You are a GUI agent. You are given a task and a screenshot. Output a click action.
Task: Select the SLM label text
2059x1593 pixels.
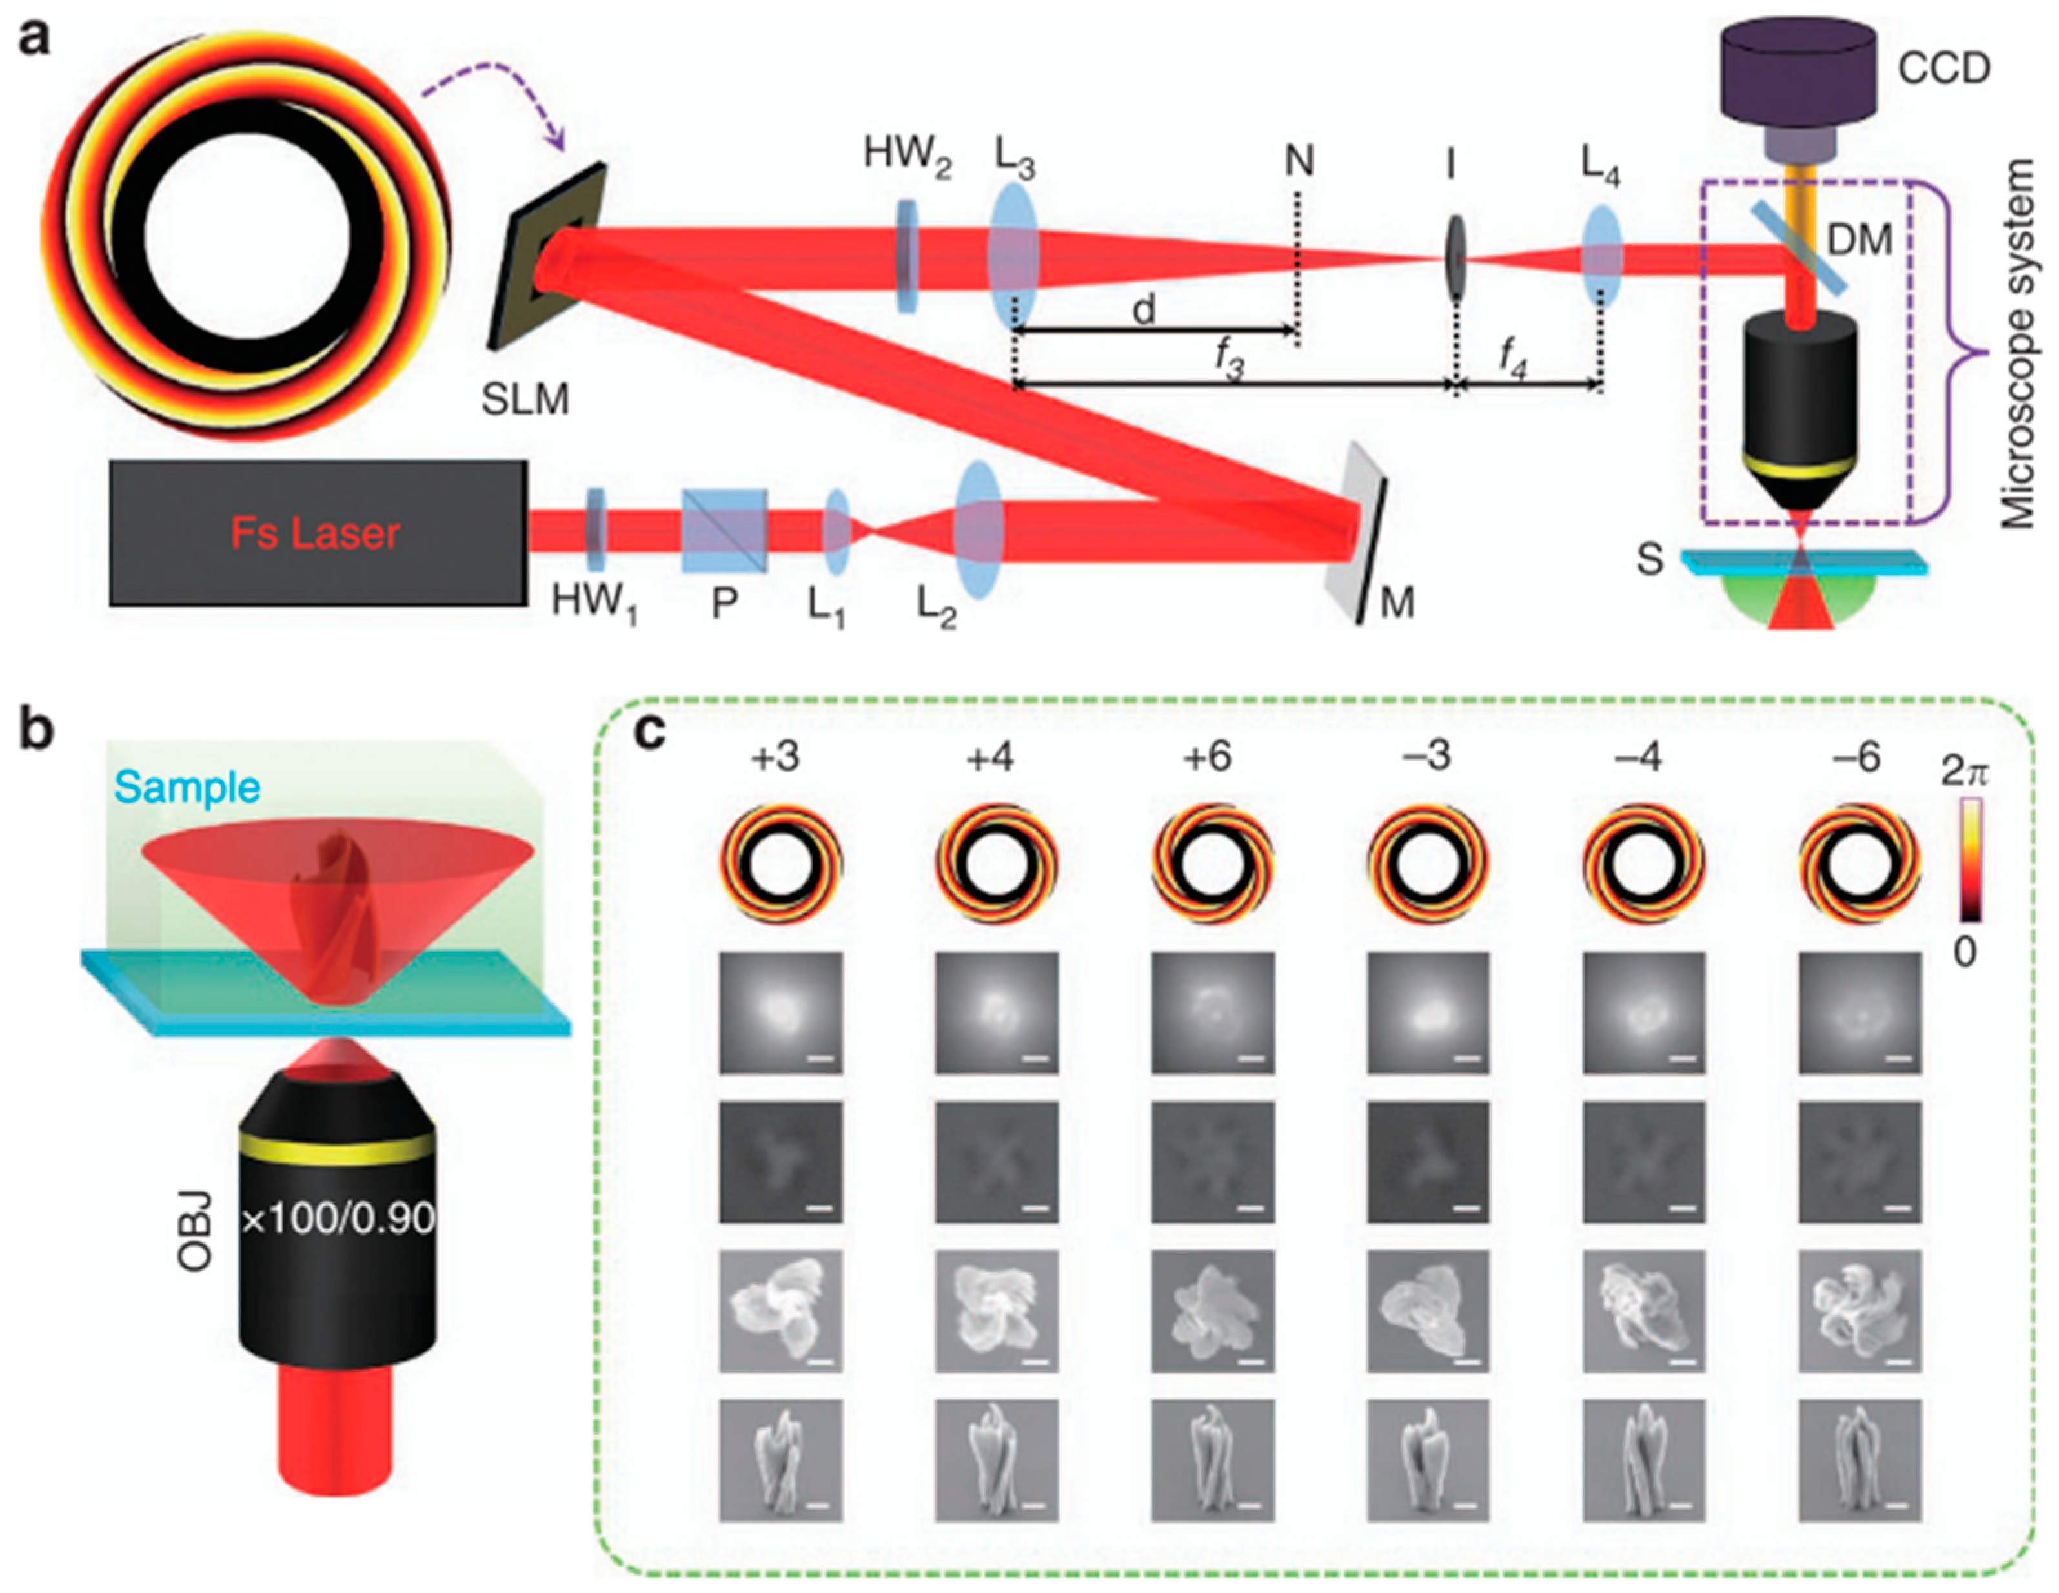tap(525, 400)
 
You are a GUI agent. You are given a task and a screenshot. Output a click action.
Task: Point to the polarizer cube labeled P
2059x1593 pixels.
tap(724, 529)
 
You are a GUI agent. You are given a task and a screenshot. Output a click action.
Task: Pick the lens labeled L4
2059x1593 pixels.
tap(1601, 256)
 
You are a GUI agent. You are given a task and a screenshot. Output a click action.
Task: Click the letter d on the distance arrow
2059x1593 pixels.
tap(1144, 309)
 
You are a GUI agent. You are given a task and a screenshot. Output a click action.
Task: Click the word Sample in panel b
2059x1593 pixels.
tap(188, 786)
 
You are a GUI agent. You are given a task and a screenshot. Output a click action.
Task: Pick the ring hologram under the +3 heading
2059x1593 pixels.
tap(780, 864)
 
